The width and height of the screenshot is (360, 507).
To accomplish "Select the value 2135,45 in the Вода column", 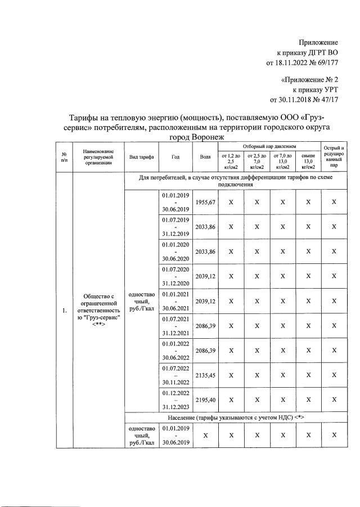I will (204, 375).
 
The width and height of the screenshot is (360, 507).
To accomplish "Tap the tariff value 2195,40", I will (204, 400).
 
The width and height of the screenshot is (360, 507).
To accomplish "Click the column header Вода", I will (205, 157).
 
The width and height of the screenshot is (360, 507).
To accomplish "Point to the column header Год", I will (175, 157).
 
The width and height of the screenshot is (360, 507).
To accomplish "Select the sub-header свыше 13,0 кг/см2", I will (308, 161).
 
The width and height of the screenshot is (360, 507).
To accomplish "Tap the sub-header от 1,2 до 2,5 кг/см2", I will (231, 161).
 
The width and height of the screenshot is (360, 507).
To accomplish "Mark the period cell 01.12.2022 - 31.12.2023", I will (175, 400).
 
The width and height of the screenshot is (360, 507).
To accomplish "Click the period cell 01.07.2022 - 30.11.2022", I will (175, 375).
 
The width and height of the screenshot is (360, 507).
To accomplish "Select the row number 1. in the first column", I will (65, 309).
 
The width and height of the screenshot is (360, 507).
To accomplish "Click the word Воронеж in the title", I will (200, 137).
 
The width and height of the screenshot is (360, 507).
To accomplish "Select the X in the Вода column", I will (204, 436).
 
